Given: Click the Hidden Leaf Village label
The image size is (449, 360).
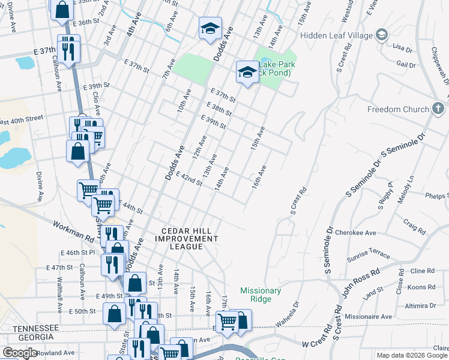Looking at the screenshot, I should coord(337,35).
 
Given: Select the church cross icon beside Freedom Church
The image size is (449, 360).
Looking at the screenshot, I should coord(438,109).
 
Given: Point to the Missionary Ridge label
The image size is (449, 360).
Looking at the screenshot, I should coord(261,295).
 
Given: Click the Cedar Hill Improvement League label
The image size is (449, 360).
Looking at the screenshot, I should coord(190,238).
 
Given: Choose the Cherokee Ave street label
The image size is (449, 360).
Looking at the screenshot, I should coord(355,232).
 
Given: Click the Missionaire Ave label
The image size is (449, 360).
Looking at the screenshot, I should coord(371,316).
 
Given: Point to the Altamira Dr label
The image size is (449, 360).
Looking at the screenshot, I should coord(420,305).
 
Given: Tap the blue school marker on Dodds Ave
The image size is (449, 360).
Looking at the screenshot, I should coord(210,29).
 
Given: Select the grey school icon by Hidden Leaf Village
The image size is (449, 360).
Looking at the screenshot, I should coord(381,35).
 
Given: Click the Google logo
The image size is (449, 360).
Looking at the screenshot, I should coord(20,353).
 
